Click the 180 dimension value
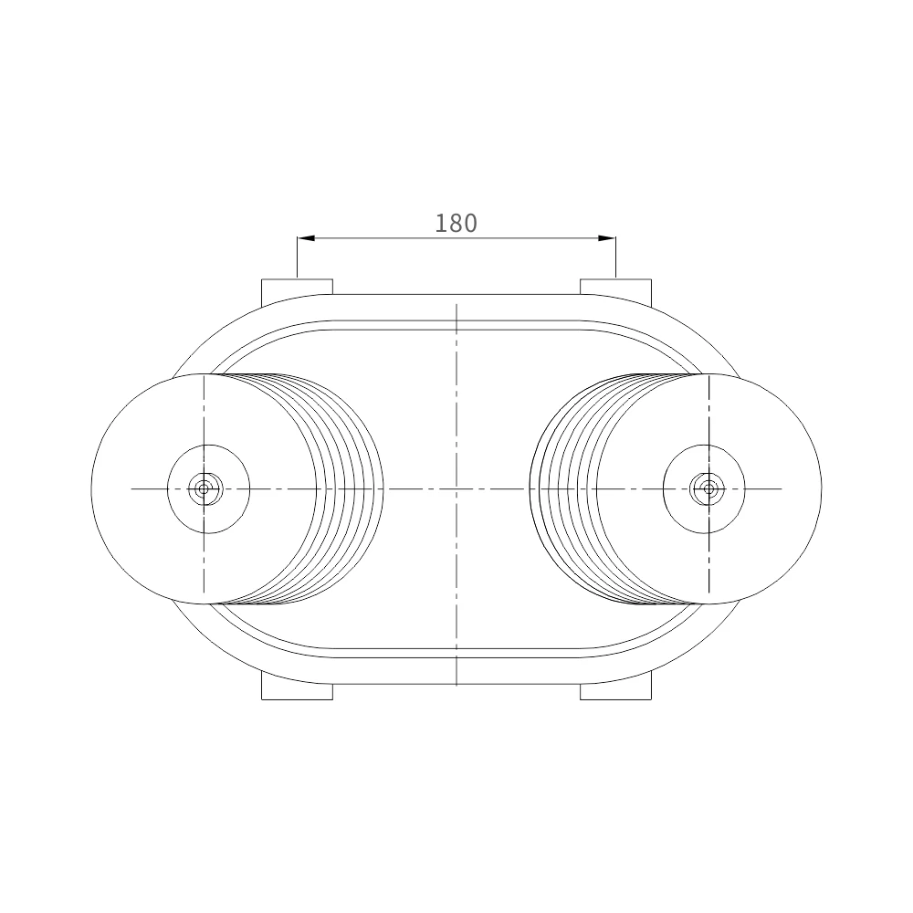(456, 224)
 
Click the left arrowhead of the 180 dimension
(306, 237)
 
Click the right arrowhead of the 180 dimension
(607, 237)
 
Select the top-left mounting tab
(297, 292)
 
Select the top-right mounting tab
(616, 292)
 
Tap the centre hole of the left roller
(204, 488)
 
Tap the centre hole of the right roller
(708, 488)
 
